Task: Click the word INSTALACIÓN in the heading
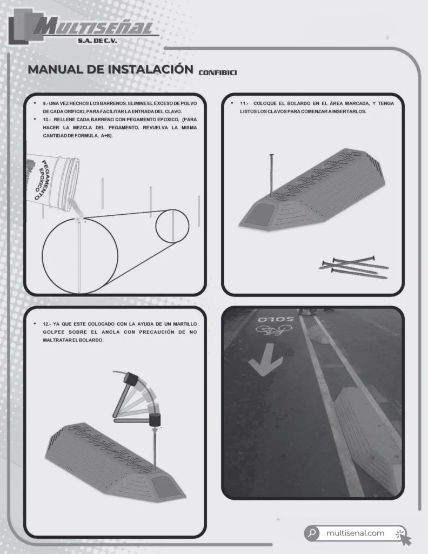[150, 69]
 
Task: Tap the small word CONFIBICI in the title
[218, 73]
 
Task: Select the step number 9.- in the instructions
[45, 103]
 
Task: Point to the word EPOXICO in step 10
[169, 120]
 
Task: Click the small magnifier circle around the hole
[172, 226]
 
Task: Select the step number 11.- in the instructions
[244, 103]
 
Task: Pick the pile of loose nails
[353, 267]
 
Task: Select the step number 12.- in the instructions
[46, 324]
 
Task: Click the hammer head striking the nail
[155, 419]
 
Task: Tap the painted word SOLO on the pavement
[276, 319]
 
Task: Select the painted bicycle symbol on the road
[274, 329]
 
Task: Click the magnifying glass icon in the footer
[312, 532]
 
